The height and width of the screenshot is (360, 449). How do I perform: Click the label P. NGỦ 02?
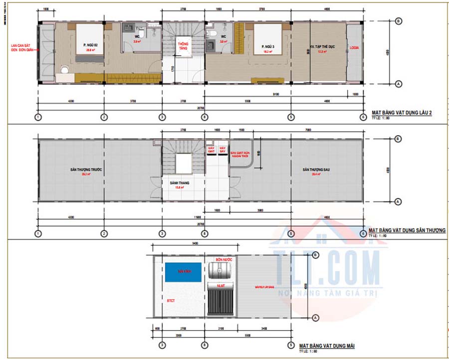(90, 45)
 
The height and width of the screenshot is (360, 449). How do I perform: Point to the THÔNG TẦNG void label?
(183, 46)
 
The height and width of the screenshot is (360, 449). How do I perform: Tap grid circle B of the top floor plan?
(398, 21)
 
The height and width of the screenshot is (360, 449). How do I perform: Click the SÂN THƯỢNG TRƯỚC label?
(86, 170)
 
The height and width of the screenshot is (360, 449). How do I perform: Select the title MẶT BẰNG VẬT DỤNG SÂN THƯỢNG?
(407, 231)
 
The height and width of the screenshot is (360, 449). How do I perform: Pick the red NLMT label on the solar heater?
(221, 286)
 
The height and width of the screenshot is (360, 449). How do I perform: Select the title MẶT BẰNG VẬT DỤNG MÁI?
(327, 345)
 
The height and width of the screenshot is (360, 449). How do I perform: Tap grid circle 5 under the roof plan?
(291, 345)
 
